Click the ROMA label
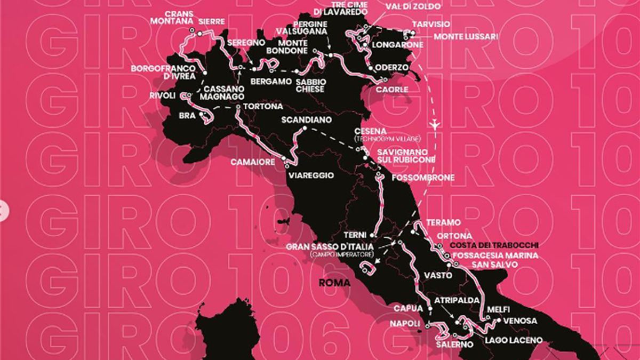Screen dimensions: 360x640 (334, 283)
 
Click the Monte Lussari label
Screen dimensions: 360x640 (466, 37)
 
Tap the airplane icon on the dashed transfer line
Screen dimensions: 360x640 (436, 124)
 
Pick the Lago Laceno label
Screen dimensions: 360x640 (514, 340)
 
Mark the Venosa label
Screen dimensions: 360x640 (521, 321)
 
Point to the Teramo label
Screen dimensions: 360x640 (443, 222)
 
